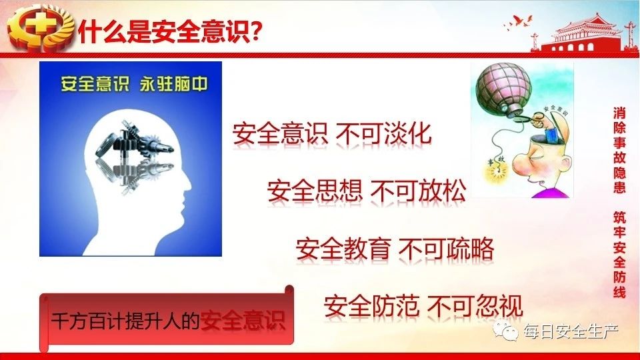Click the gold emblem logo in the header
pos(40,28)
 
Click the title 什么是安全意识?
pos(170,31)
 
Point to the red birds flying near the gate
pos(519,23)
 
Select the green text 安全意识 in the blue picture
pos(95,84)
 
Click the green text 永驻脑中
pos(174,84)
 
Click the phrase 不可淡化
pos(384,133)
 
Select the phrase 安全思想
pos(315,191)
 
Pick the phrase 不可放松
pos(419,191)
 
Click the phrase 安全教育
pos(343,249)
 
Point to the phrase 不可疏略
pos(447,249)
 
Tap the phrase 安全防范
pos(371,306)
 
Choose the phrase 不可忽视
pos(475,306)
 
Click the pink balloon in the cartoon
pos(505,88)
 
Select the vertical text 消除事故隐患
pos(619,150)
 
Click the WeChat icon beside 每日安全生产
pos(506,331)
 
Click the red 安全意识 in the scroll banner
pos(243,320)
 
